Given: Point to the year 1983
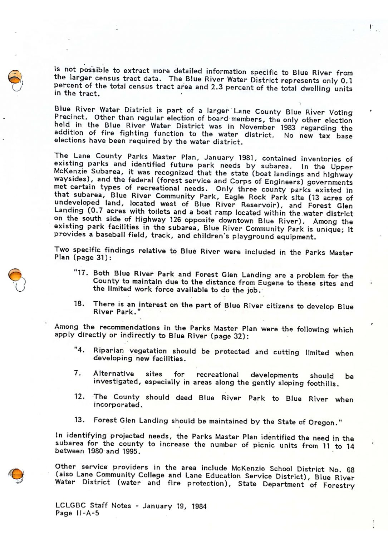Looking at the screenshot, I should click(x=288, y=128).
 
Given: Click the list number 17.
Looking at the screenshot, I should click(x=82, y=273).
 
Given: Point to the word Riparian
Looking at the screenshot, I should click(x=109, y=351).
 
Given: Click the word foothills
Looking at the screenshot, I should click(x=321, y=384).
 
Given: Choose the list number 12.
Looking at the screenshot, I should click(x=79, y=396).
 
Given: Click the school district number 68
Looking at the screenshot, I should click(x=350, y=470).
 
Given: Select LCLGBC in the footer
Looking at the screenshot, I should click(x=70, y=505).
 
